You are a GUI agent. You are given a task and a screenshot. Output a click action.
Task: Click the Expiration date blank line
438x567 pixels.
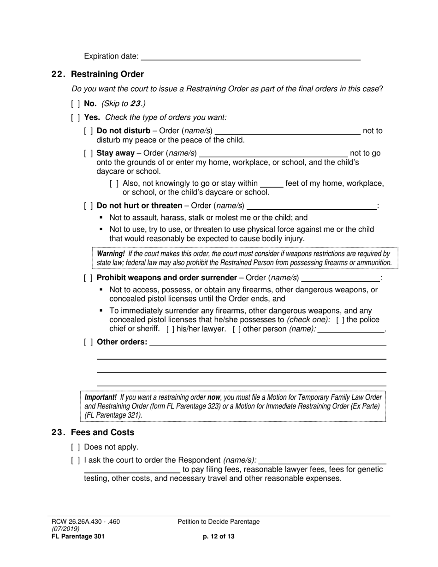(x=250, y=57)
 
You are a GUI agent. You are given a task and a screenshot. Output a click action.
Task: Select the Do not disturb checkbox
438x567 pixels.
(x=89, y=131)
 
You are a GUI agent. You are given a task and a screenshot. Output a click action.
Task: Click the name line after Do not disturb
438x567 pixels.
(x=288, y=131)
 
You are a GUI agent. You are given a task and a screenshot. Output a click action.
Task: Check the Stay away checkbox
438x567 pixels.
(x=89, y=153)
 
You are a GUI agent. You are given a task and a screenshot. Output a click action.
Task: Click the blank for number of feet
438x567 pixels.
(x=272, y=184)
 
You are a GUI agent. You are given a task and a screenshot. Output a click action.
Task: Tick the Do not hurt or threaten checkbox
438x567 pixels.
(x=89, y=206)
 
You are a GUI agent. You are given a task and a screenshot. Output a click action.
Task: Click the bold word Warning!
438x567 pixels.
(x=111, y=254)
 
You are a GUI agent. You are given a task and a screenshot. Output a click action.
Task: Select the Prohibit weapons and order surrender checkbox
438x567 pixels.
(x=89, y=278)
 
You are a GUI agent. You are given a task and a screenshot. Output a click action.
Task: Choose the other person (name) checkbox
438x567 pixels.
(x=237, y=329)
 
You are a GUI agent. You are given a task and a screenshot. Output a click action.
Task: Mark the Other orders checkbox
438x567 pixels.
(x=89, y=342)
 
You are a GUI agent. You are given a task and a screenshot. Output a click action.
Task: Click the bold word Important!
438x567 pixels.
(x=101, y=397)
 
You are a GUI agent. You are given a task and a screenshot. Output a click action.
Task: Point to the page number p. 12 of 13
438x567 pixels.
(x=219, y=536)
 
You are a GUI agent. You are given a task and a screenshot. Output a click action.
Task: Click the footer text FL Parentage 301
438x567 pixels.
(x=74, y=536)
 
